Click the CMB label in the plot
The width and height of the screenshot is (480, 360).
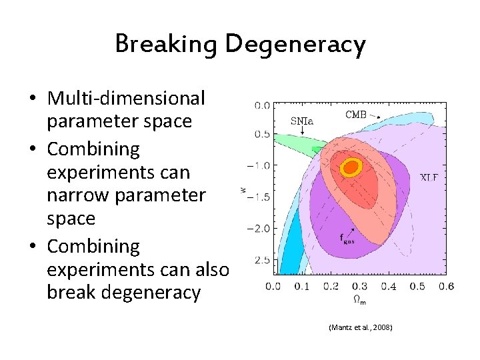click(x=357, y=115)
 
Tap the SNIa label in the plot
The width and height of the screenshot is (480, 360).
click(x=301, y=121)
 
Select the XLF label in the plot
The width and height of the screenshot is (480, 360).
click(x=429, y=177)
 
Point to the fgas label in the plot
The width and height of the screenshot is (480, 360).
click(x=347, y=238)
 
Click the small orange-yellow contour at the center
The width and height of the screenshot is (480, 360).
click(x=350, y=167)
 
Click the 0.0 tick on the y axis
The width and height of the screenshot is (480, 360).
click(x=262, y=105)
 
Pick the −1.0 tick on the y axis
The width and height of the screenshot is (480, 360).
click(x=261, y=165)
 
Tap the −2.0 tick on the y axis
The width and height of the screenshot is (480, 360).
click(x=261, y=228)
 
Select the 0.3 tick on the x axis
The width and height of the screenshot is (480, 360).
click(x=359, y=286)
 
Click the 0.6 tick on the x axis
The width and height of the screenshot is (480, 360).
click(x=446, y=286)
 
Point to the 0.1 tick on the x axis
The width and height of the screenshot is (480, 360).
click(x=302, y=286)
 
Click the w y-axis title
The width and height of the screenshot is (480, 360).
click(x=243, y=190)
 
